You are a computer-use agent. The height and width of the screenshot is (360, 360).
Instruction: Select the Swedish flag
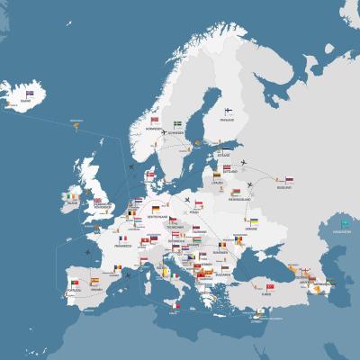point(178,122)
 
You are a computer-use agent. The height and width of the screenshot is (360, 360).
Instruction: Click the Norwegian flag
point(155,120)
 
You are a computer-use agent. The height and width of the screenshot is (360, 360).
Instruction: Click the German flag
point(156,210)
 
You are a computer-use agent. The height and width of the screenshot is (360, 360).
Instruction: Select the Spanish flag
point(96,281)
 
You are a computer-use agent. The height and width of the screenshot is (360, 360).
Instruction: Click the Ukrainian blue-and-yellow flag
point(255,221)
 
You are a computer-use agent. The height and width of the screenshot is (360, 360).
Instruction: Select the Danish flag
point(155,169)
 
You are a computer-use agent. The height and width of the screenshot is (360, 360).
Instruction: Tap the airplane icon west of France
point(88,252)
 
